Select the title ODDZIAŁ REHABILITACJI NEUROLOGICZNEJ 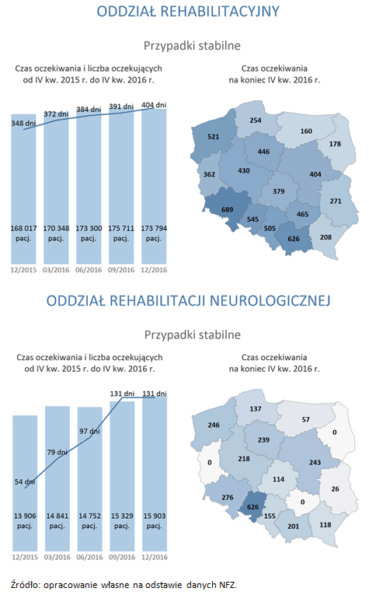tap(184, 300)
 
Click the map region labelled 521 tap(213, 137)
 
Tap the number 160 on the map tap(305, 131)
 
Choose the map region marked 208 tap(325, 236)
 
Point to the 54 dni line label tap(23, 482)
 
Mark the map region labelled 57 tap(305, 420)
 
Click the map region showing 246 tap(214, 425)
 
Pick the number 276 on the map tap(228, 497)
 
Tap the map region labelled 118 tap(325, 525)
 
